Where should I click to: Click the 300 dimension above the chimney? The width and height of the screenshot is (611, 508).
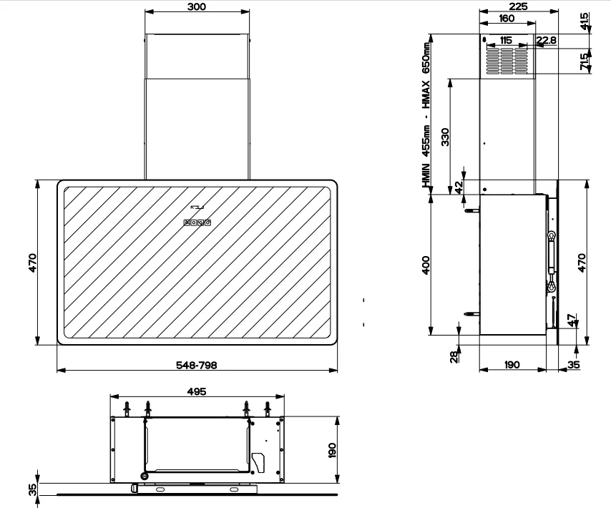pos(196,6)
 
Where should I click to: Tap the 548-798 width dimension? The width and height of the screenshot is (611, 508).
pos(196,365)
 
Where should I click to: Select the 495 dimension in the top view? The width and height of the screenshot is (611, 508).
pos(196,391)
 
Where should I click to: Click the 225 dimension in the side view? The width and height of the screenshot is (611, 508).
pos(518,6)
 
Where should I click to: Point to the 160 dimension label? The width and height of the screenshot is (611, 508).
pos(507,19)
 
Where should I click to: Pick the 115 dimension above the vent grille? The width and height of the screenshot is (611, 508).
pos(505,40)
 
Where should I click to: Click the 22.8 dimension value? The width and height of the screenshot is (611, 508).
pos(547,40)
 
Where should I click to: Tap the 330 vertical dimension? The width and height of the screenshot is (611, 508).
pos(445,137)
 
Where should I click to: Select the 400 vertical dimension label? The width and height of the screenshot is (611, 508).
pos(426,265)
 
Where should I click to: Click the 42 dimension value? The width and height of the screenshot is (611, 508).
pos(459,187)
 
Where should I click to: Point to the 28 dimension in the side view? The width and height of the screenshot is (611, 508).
pos(454,357)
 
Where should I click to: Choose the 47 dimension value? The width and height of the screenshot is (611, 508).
pos(571,321)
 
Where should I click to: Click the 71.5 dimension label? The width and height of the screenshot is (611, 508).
pos(585,61)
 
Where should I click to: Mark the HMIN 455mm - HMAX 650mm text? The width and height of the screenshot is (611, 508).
pos(426,114)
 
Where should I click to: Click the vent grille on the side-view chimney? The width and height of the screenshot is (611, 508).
pos(507,60)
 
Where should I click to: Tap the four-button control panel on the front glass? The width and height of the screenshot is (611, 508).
pos(197,223)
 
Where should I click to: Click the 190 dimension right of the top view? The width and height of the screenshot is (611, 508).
pos(332,450)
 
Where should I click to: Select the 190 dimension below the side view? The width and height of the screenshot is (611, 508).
pos(512,365)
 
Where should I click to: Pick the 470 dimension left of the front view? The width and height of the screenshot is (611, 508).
pos(32,263)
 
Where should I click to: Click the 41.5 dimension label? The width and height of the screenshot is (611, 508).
pos(585,21)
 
